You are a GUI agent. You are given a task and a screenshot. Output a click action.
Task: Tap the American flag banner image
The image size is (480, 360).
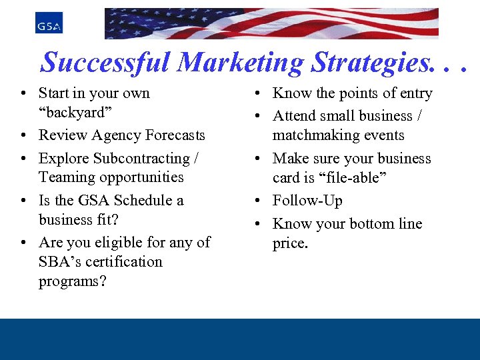click(271, 23)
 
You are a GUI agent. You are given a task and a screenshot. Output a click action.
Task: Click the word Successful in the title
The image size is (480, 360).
click(106, 63)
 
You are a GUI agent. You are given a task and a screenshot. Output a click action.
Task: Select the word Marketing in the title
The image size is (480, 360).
click(241, 63)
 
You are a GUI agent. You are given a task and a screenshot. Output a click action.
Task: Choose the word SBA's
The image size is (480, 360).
click(59, 261)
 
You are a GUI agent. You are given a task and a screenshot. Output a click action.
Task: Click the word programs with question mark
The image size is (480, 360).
click(72, 281)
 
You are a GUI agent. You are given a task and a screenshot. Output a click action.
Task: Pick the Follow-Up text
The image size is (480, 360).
click(307, 201)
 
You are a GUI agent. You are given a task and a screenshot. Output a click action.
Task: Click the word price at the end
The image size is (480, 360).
click(290, 243)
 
